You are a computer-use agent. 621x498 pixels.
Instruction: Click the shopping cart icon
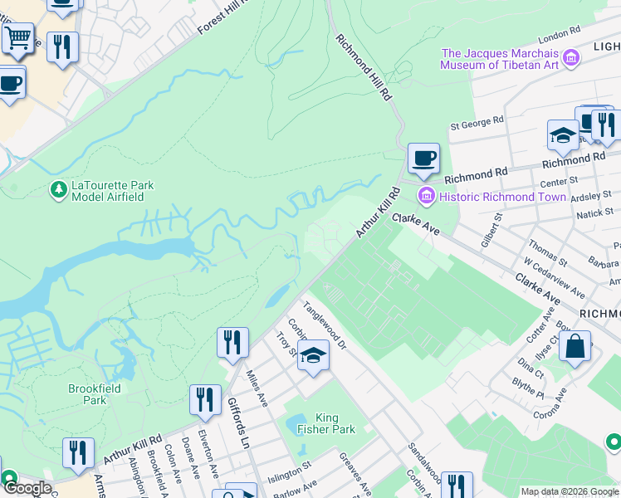pos(17,37)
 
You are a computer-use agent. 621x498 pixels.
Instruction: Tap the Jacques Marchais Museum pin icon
pos(570,58)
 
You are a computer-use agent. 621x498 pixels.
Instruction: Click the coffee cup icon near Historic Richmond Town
pos(423,157)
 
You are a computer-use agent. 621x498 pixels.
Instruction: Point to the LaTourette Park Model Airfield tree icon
pos(58,191)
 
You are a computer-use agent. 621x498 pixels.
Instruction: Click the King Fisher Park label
pos(335,423)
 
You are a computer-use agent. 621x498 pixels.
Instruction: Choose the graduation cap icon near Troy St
pos(313,356)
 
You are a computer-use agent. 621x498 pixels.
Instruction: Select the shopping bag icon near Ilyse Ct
pos(575,345)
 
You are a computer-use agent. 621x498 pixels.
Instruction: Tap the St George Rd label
pos(477,122)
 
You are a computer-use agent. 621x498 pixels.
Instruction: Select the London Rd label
pos(558,35)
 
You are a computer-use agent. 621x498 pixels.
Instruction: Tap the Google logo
pos(27,488)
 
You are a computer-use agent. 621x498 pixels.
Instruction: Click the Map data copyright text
pos(569,491)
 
